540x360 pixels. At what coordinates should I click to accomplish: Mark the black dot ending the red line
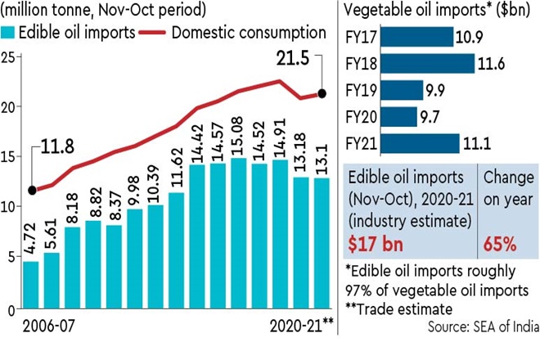click(x=322, y=93)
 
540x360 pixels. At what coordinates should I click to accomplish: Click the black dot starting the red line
click(x=31, y=190)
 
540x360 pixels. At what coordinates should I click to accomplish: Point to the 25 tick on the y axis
click(x=9, y=56)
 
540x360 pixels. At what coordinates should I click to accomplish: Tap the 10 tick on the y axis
click(x=9, y=207)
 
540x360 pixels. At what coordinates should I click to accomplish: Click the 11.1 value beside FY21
click(x=477, y=143)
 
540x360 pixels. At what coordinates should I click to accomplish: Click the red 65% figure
click(x=499, y=244)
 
